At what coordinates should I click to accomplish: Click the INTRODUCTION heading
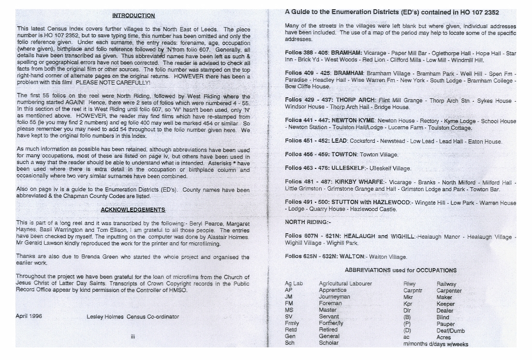click(133, 15)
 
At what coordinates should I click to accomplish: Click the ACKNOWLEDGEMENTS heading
click(133, 210)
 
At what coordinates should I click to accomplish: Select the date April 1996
click(29, 316)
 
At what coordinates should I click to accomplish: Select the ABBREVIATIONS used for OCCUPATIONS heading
click(400, 270)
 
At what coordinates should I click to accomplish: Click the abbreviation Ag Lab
click(294, 284)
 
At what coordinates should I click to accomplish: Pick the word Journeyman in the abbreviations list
click(334, 297)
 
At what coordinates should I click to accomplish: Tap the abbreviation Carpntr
click(413, 290)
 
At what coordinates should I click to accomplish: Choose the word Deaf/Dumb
click(450, 330)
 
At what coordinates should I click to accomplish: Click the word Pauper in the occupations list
click(445, 324)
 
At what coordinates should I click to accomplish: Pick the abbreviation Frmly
click(292, 323)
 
